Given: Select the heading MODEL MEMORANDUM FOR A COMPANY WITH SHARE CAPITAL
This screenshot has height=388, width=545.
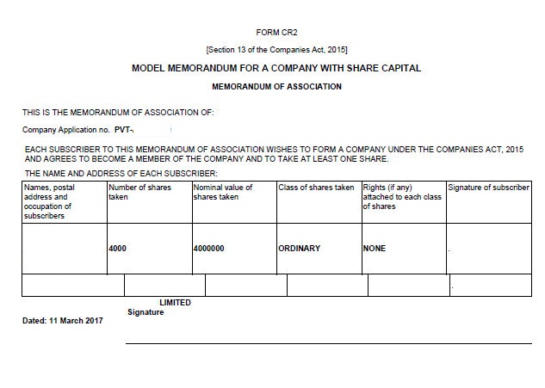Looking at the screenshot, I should [x=276, y=68].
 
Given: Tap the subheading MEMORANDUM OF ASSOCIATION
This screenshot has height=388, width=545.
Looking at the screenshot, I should [x=276, y=87].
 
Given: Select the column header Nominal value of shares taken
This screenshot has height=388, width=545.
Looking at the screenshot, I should [x=224, y=191].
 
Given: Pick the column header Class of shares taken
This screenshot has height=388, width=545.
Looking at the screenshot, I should [x=315, y=187].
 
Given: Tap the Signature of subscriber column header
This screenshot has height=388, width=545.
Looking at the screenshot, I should [x=488, y=187].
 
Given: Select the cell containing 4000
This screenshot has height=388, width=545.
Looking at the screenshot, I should [x=117, y=249].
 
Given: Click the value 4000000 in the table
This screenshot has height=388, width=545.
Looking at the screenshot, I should [x=209, y=249].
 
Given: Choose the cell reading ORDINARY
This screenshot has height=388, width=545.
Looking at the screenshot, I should [x=299, y=249].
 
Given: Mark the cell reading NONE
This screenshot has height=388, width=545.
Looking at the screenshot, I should [x=375, y=249].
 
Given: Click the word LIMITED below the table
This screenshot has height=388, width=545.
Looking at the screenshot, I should [x=175, y=303].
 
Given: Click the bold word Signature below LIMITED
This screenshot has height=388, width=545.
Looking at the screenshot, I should [x=146, y=312].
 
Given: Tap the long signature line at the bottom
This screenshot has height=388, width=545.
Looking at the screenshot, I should [x=328, y=342].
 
